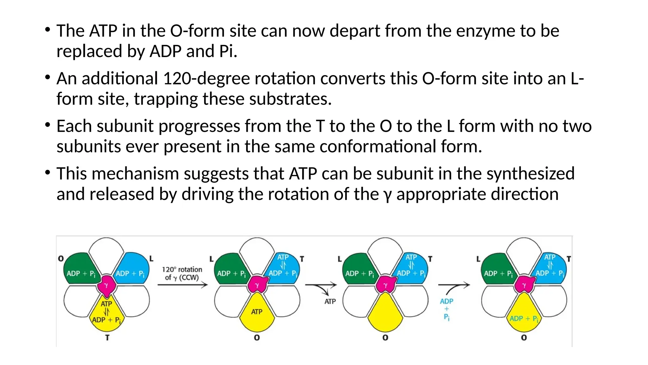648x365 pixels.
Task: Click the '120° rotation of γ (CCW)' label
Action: pyautogui.click(x=182, y=273)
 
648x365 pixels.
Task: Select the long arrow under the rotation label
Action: pyautogui.click(x=182, y=285)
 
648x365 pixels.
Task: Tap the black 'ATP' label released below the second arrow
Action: pyautogui.click(x=330, y=301)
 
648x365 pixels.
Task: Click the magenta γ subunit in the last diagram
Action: pyautogui.click(x=524, y=285)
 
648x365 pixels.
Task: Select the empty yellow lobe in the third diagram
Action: pyautogui.click(x=385, y=312)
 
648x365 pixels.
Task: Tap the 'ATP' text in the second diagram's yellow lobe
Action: pyautogui.click(x=257, y=312)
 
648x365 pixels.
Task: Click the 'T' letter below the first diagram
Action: pyautogui.click(x=107, y=338)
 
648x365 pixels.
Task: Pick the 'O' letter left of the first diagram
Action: pyautogui.click(x=61, y=259)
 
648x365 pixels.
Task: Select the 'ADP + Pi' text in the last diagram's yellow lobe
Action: pyautogui.click(x=524, y=319)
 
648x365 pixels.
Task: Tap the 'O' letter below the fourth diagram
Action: pyautogui.click(x=524, y=338)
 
